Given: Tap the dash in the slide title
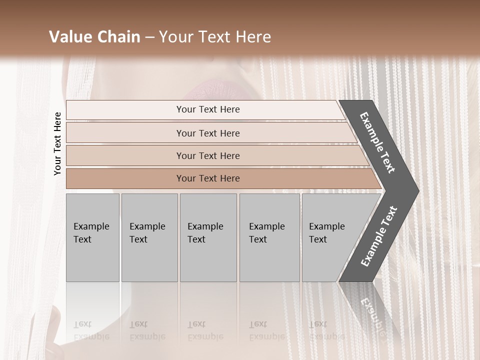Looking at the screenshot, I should (149, 37).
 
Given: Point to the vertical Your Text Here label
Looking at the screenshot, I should (57, 143).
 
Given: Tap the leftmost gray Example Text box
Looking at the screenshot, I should (92, 237).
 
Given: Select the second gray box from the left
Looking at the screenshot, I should (149, 237).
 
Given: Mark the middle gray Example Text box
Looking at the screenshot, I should (208, 237).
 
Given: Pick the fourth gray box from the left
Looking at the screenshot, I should (269, 237).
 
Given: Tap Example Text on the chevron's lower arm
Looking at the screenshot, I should (378, 236).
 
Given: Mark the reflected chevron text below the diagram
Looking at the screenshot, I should (372, 312).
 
